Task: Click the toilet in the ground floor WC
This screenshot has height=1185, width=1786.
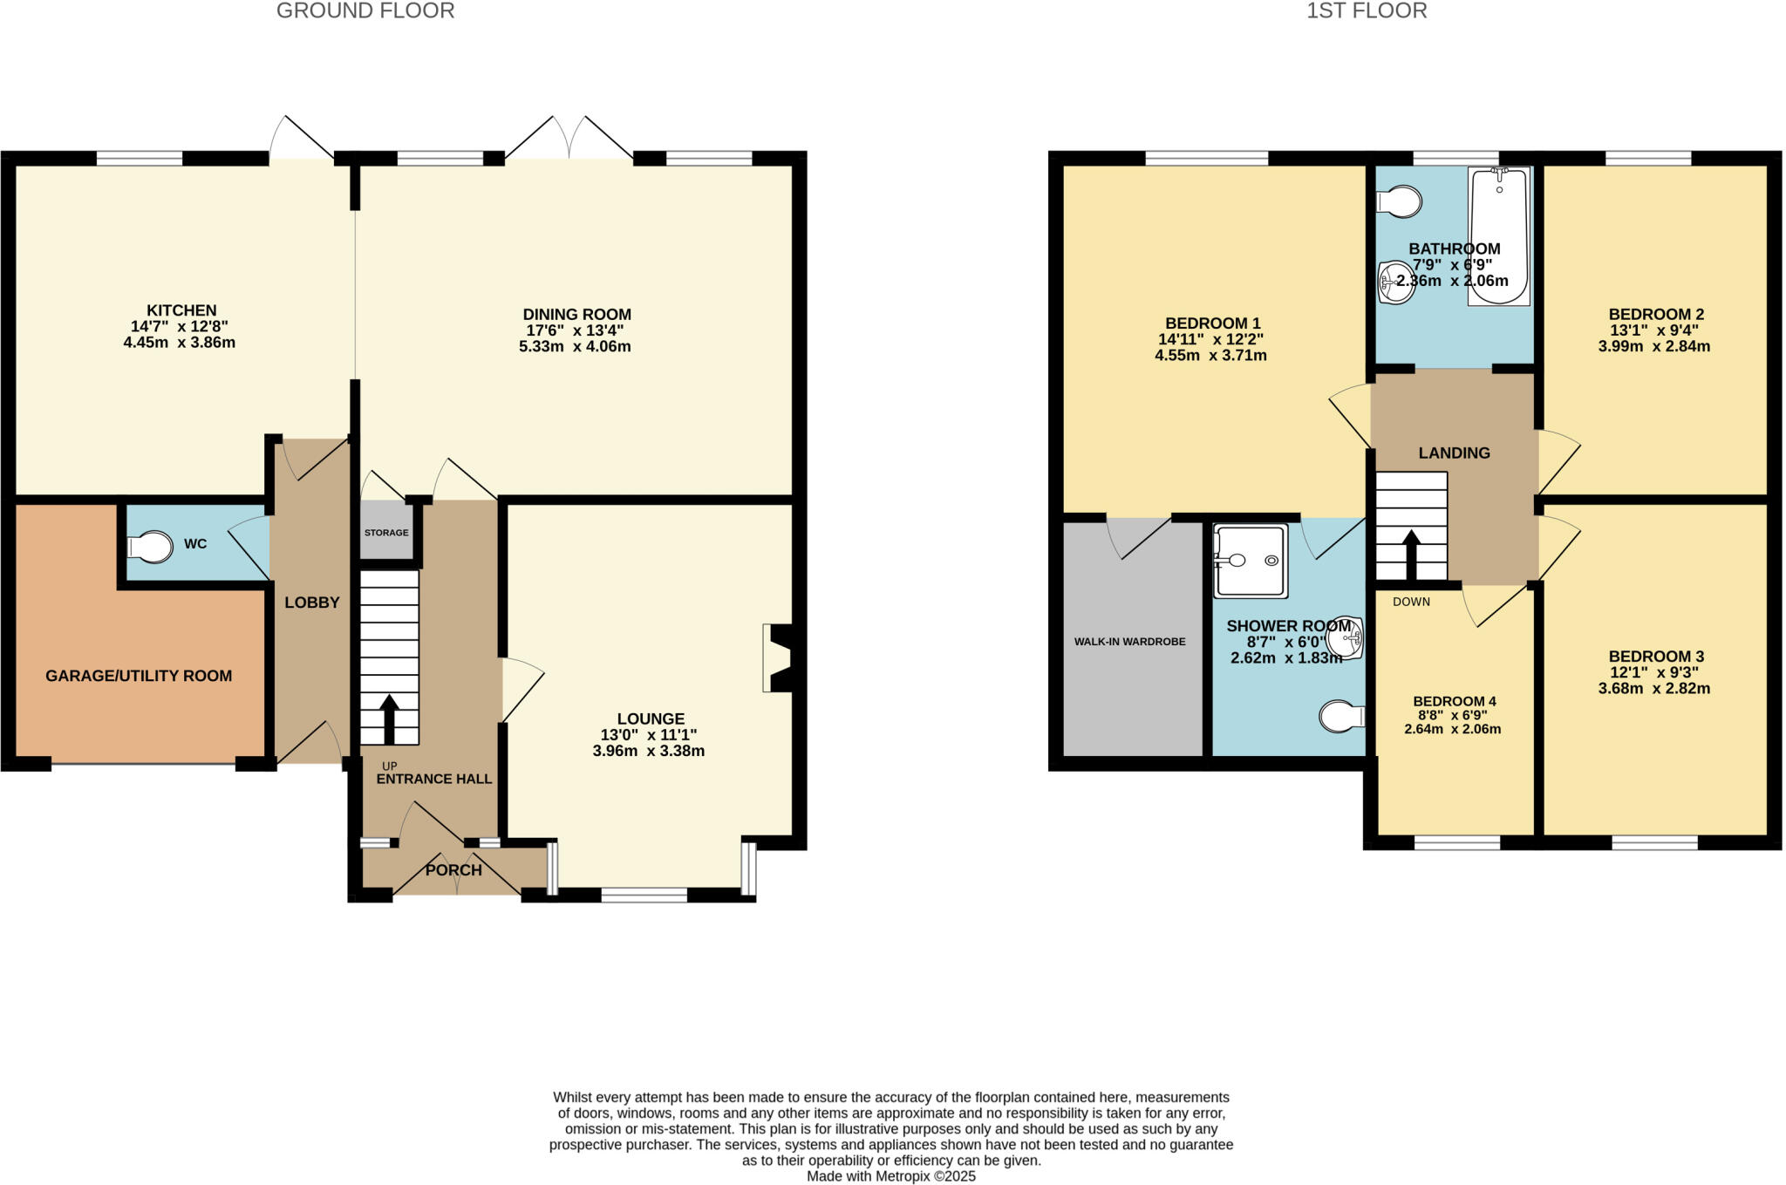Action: click(150, 548)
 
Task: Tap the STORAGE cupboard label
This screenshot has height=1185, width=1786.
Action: click(386, 533)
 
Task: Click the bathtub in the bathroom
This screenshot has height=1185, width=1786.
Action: click(1499, 235)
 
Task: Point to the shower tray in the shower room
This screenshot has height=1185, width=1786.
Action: click(1250, 561)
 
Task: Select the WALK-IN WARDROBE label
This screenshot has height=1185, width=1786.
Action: click(1129, 642)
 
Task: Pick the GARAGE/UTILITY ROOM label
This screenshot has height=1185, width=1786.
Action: click(139, 676)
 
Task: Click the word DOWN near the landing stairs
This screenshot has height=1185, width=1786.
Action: click(1411, 602)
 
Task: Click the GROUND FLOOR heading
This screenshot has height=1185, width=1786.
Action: click(365, 11)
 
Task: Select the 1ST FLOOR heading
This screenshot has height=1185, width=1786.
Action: click(1367, 11)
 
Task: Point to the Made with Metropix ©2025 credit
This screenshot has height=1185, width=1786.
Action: click(890, 1176)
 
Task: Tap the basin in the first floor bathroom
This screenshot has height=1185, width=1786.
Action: click(1395, 283)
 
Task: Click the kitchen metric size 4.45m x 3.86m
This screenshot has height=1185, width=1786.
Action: click(180, 343)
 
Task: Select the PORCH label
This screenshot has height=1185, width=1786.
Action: click(453, 870)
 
